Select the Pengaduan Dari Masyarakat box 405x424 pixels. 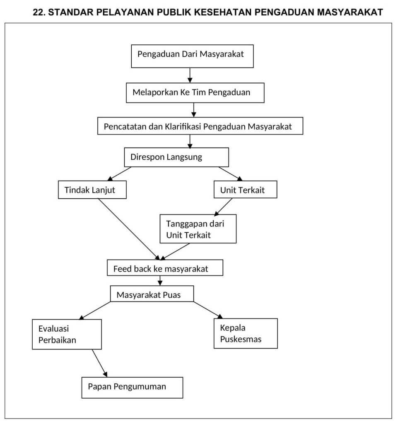point(192,56)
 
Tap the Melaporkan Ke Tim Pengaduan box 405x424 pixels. point(195,93)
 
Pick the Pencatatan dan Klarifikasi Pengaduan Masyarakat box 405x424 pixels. point(200,126)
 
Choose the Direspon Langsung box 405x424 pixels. point(176,157)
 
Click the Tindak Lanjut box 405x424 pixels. point(92,190)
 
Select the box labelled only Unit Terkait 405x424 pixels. point(245,189)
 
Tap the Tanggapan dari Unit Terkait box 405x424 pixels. point(198,229)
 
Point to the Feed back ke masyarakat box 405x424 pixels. point(165,268)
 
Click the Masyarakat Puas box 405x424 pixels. point(152,294)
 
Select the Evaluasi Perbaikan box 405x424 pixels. point(67,334)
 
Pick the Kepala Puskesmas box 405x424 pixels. point(246,333)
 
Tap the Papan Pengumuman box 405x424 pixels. point(132,388)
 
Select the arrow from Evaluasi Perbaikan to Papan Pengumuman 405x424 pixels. point(99,363)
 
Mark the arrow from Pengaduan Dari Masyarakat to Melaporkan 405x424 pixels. point(190,75)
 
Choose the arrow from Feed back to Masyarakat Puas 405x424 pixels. point(160,281)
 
